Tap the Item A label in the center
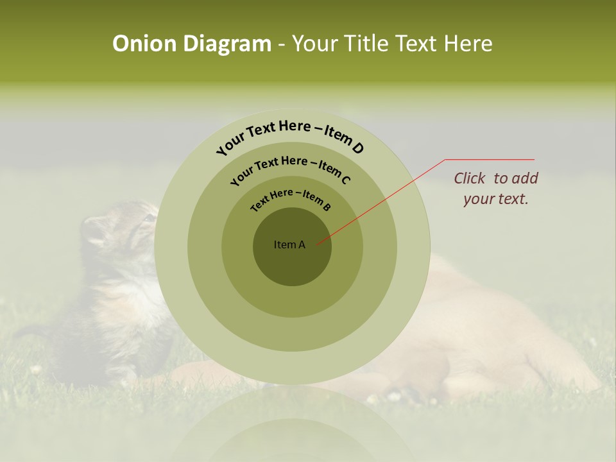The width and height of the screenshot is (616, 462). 289,244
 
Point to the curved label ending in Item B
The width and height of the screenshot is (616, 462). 291,197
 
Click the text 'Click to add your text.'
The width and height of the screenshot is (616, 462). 496,188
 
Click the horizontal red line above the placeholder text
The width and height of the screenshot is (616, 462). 490,159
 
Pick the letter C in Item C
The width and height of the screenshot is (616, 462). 346,180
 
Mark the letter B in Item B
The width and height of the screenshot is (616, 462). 327,207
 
